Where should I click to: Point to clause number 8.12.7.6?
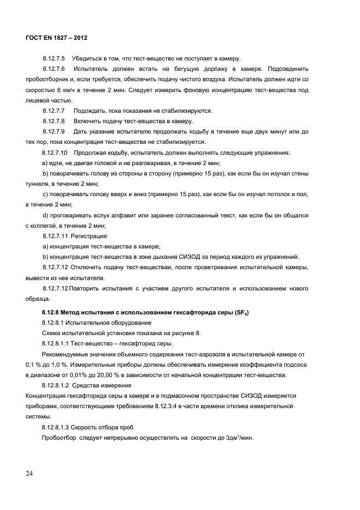point(53,69)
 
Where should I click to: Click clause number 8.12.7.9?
point(53,131)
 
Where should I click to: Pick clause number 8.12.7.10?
point(54,152)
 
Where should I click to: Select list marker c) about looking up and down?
point(46,193)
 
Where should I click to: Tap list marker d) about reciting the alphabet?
point(46,215)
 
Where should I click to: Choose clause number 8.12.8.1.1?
point(57,343)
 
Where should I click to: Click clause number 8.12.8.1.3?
point(57,428)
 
